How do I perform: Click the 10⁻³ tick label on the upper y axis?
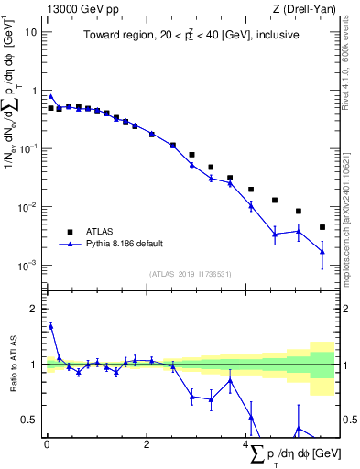click(28, 266)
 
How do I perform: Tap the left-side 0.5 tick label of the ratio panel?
click(31, 420)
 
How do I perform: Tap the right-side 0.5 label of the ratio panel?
click(349, 420)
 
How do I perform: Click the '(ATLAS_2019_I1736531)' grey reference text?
click(191, 274)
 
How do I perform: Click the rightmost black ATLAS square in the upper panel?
click(322, 227)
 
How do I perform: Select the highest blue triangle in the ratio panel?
click(51, 325)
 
